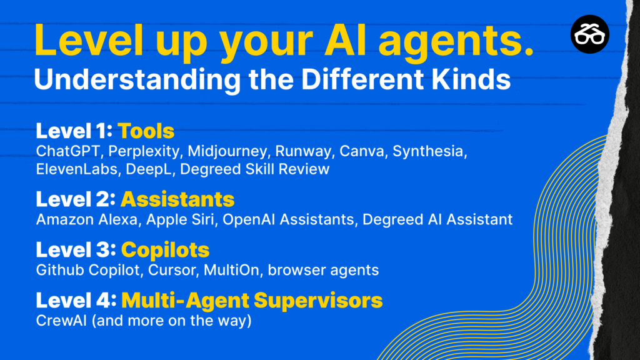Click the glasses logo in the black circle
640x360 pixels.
coord(590,34)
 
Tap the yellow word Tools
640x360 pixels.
coord(146,131)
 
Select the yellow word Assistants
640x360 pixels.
coord(177,199)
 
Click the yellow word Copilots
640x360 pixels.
coord(165,250)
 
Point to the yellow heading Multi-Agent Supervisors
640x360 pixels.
coord(252,301)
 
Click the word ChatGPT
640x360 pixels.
coord(67,151)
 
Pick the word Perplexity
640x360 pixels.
coord(144,151)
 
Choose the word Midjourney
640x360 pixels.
coord(227,151)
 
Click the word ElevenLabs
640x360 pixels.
coord(77,169)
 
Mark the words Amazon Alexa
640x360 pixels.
coord(87,219)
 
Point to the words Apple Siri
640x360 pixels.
coord(180,220)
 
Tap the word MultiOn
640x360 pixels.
coord(231,270)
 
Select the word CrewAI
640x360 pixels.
coord(61,321)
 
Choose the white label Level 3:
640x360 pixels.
coord(76,250)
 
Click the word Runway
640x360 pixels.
coord(303,151)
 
